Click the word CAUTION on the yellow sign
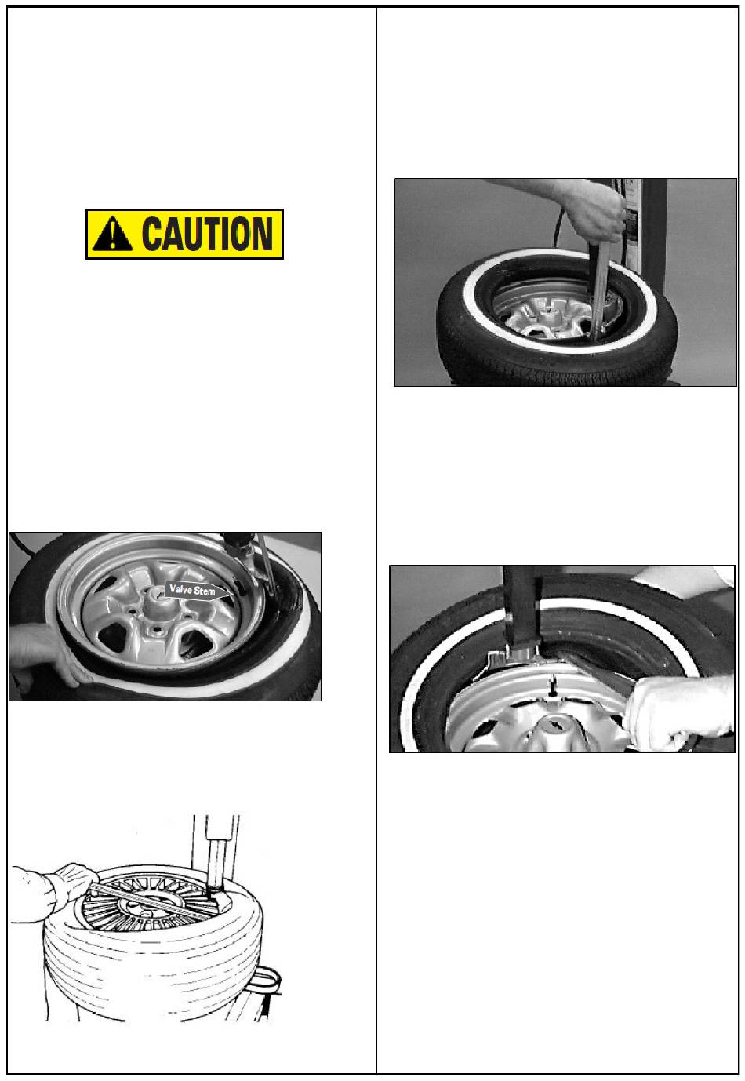point(208,234)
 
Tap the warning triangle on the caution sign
point(112,234)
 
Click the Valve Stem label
point(196,590)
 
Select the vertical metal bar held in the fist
point(599,289)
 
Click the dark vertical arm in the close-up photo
point(521,608)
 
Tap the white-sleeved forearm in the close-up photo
point(681,711)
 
